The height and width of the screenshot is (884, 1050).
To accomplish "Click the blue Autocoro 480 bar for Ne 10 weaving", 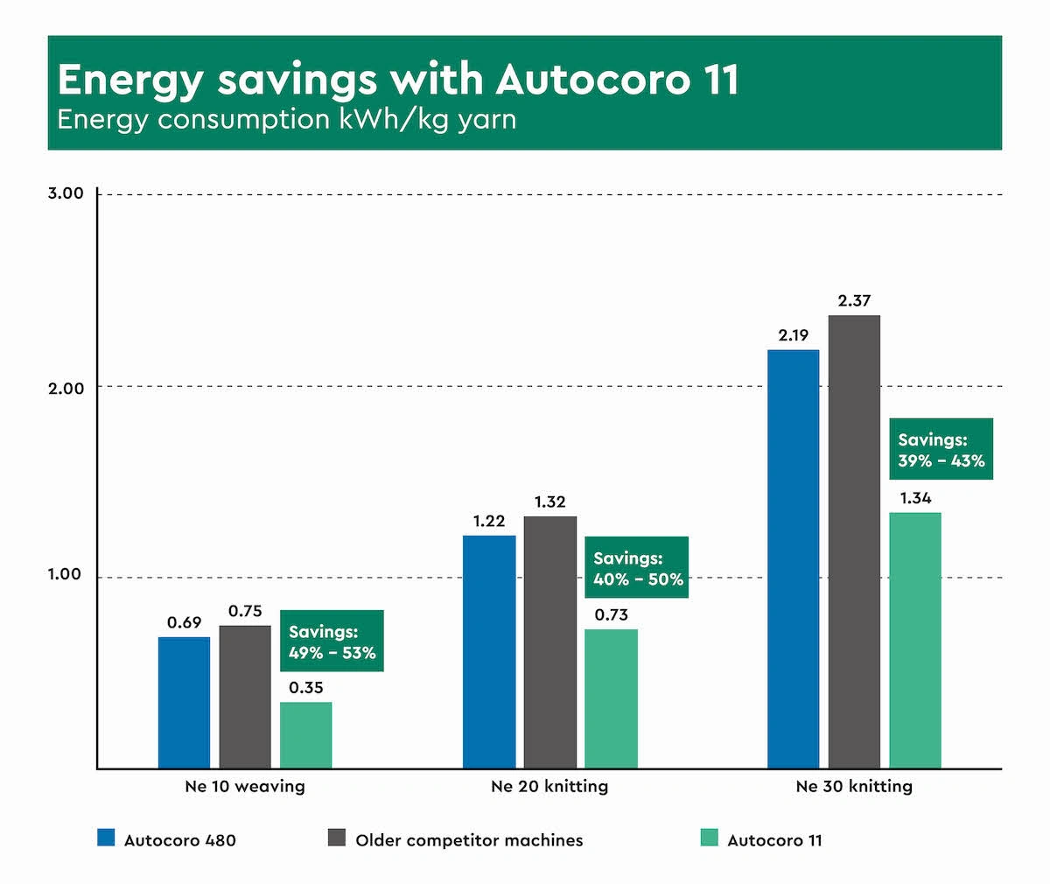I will click(184, 703).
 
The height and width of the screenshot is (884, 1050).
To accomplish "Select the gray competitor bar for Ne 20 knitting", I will click(549, 642).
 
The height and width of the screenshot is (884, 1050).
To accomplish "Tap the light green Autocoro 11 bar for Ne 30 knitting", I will click(915, 640).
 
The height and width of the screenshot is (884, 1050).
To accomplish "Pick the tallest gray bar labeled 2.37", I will click(854, 542).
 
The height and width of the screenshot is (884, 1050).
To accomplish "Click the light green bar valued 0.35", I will click(306, 735).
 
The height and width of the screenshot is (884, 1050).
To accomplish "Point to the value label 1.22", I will click(489, 522).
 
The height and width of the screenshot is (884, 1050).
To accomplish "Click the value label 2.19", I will click(793, 335).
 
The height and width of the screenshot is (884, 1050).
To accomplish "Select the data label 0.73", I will click(611, 615).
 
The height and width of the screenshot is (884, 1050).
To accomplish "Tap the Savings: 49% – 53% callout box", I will click(332, 642).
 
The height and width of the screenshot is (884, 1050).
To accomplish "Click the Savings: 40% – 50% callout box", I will click(637, 568).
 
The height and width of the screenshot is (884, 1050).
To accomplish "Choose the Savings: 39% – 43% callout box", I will click(941, 450).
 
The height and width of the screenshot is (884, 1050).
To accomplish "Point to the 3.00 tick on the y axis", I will click(66, 193).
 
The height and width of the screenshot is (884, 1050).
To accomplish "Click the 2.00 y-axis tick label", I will click(66, 388).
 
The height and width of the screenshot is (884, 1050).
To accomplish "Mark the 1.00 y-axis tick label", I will click(66, 575).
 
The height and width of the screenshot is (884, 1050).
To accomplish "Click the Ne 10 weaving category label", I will click(245, 786).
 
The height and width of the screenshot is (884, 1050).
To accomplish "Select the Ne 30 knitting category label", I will click(854, 786).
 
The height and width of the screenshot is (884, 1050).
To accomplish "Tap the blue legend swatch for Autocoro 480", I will click(106, 838).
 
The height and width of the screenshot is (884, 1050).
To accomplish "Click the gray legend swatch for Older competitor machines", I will click(337, 838).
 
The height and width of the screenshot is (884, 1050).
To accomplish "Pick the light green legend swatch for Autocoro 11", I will click(710, 838).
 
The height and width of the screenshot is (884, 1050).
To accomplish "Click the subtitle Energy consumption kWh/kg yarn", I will click(287, 120).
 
